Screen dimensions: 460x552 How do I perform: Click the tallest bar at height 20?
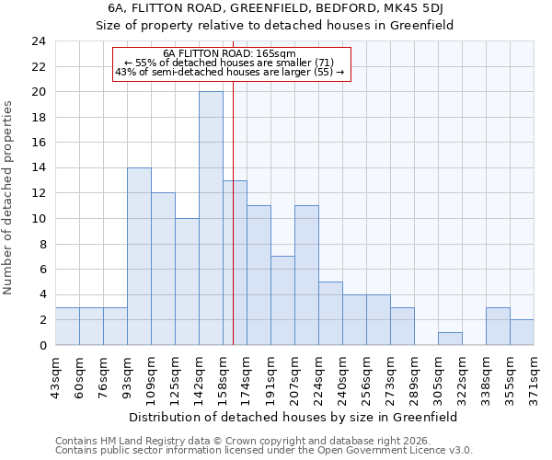(x=211, y=218)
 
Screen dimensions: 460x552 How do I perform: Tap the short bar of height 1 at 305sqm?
(x=450, y=339)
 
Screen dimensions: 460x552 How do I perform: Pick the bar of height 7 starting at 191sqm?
(x=282, y=300)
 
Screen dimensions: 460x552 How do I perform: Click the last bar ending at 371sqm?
(x=522, y=332)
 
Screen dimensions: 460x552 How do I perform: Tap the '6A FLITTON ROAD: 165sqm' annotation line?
(x=229, y=53)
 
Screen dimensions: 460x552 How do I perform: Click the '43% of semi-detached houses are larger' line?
(x=229, y=72)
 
